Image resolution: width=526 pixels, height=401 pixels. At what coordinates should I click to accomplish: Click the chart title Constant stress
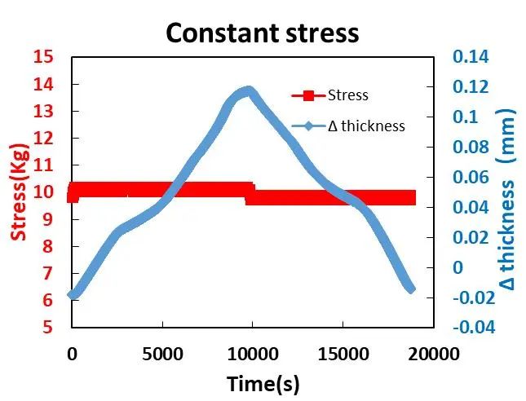(262, 33)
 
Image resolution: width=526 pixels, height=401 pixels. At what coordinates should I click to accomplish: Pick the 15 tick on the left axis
(43, 57)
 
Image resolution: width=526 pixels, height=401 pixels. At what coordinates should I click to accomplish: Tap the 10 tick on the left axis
(43, 192)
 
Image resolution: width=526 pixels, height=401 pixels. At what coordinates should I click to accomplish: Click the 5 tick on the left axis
(48, 328)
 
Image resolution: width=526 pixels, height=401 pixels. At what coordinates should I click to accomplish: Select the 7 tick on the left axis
(48, 273)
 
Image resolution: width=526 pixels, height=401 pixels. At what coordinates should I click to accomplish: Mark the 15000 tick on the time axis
(343, 354)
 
